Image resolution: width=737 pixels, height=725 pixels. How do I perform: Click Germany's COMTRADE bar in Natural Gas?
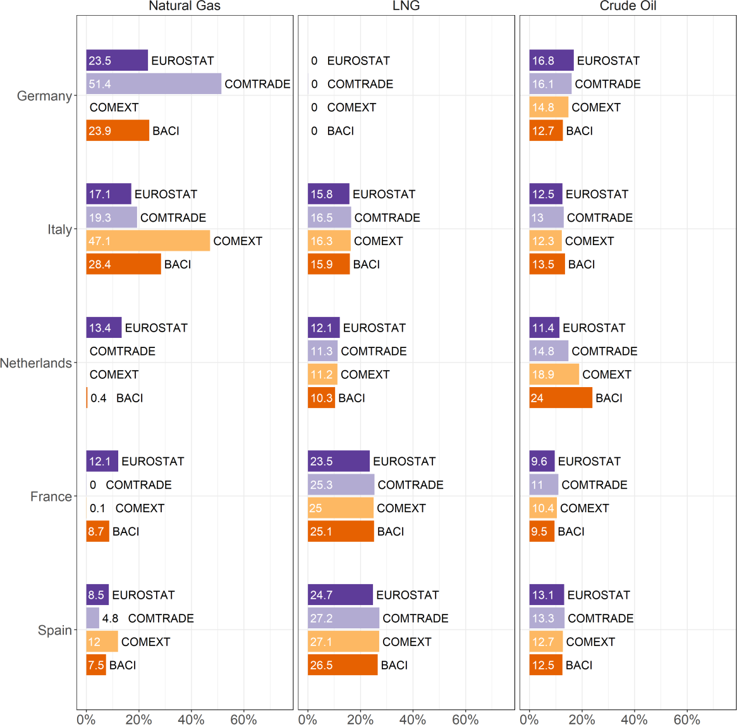[x=154, y=84]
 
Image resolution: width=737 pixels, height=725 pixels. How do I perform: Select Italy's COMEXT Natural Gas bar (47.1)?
[x=148, y=241]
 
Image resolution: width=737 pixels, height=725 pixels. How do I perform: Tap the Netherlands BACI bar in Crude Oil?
[x=561, y=398]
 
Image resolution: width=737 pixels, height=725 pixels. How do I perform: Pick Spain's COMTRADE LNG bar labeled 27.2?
[x=343, y=618]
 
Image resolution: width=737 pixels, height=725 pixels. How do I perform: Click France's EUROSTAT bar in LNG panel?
[x=338, y=461]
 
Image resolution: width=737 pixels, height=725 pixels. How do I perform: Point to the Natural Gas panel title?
[x=185, y=6]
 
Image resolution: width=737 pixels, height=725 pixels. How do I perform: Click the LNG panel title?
[x=406, y=6]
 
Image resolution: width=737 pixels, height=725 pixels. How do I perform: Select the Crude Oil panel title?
[x=628, y=6]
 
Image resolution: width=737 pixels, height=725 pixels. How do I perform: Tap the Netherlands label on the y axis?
[x=36, y=363]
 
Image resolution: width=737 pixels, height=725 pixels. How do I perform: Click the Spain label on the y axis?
[x=55, y=630]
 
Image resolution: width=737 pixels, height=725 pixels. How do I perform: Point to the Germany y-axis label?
[x=44, y=96]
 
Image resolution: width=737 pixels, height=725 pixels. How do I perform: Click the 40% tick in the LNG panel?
[x=413, y=719]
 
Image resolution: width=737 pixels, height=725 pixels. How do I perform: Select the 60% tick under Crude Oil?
[x=686, y=719]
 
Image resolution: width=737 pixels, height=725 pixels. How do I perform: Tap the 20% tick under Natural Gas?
[x=138, y=719]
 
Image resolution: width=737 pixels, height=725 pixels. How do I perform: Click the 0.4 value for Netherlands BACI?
[x=99, y=398]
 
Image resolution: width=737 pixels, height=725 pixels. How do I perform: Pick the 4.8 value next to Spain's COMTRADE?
[x=111, y=618]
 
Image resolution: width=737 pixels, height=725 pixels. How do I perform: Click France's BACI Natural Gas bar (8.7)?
[x=97, y=531]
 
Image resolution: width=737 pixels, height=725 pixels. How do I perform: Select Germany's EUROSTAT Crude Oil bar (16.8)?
[x=551, y=61]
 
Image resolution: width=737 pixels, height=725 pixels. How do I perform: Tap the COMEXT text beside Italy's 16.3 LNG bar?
[x=378, y=241]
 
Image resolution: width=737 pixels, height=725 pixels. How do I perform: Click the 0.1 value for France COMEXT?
[x=97, y=508]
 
